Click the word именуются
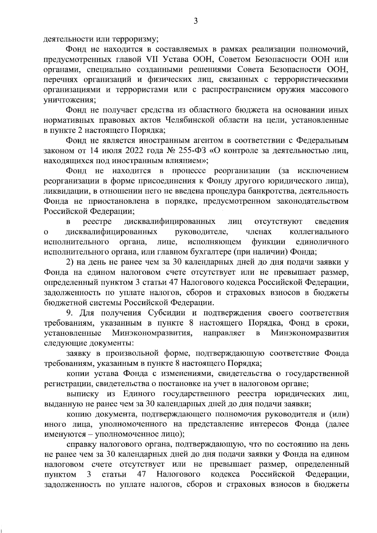click(x=65, y=434)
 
